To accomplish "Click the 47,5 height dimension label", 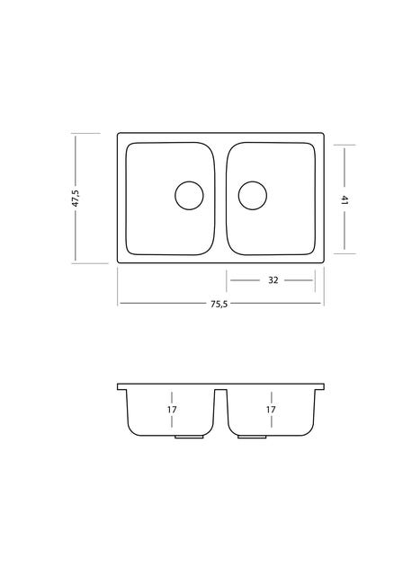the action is click(x=76, y=199).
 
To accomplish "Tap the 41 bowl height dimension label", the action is click(x=345, y=200).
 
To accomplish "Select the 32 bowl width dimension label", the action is click(x=273, y=280).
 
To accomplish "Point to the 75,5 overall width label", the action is click(x=219, y=304).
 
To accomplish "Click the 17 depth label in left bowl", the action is click(x=172, y=410).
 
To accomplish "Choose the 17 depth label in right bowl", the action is click(x=271, y=410).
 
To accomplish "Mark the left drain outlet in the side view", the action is click(x=189, y=437).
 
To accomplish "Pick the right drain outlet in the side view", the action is click(x=252, y=437).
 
